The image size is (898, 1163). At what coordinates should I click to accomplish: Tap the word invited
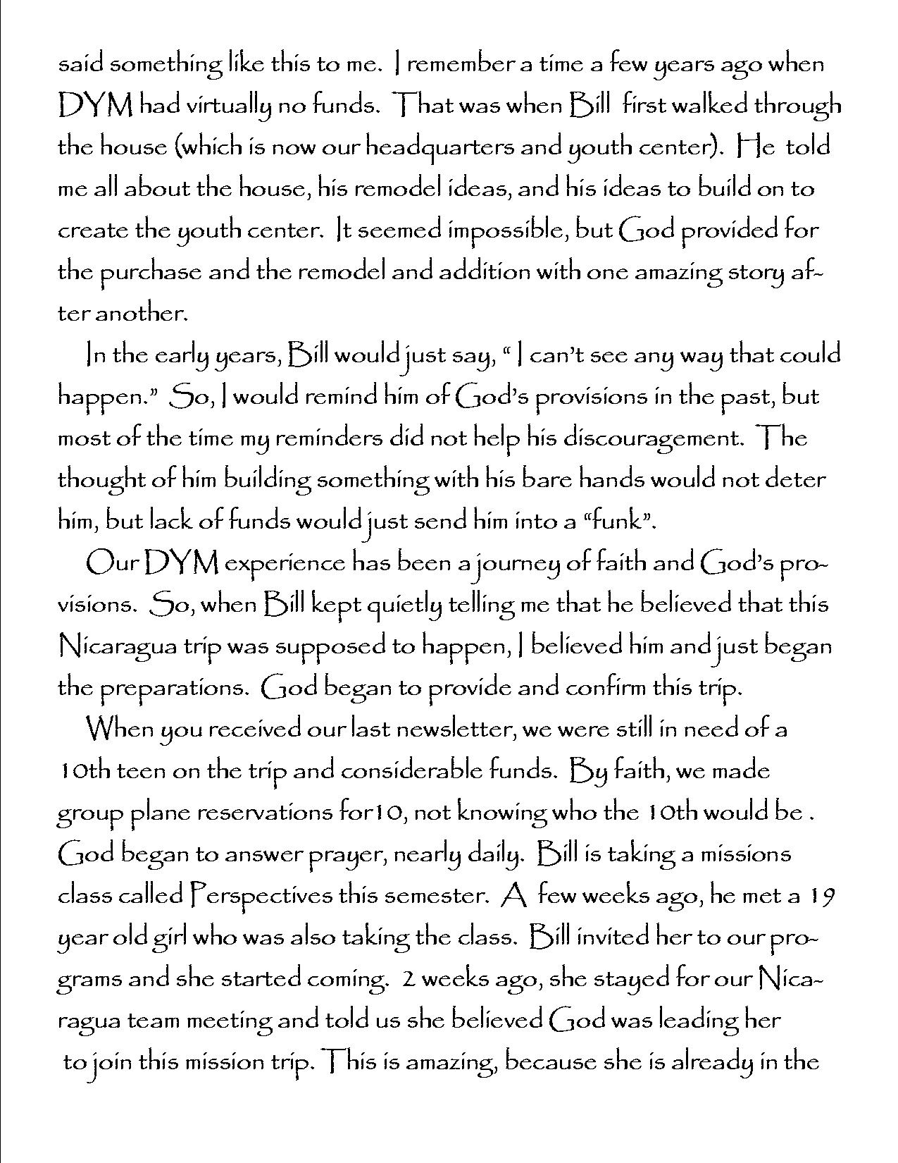(x=612, y=937)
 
